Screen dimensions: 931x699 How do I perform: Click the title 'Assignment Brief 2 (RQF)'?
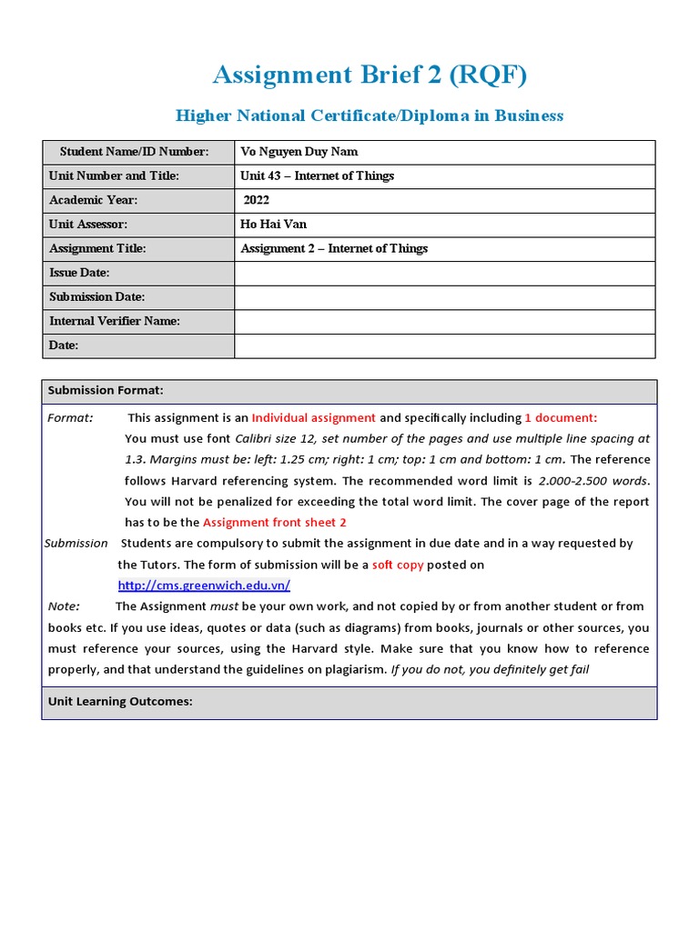click(370, 75)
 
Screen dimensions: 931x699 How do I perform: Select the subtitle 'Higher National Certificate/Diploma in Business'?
click(370, 115)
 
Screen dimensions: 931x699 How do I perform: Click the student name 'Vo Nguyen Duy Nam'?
click(293, 152)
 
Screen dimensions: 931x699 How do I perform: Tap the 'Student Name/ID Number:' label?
click(135, 152)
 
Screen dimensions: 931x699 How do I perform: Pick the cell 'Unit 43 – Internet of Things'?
click(317, 175)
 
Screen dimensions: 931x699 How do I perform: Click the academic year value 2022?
click(257, 200)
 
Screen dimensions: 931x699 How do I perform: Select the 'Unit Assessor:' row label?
click(88, 224)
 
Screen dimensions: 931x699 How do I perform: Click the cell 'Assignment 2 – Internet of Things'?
click(334, 248)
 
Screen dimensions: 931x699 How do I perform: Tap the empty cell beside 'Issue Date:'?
click(444, 273)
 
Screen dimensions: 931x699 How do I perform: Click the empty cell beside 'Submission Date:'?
click(444, 297)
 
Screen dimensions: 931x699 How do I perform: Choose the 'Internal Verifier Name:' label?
click(115, 321)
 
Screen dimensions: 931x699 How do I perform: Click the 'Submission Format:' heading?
click(106, 390)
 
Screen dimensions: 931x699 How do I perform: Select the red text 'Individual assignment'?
click(314, 417)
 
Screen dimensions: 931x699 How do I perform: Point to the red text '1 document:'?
click(561, 417)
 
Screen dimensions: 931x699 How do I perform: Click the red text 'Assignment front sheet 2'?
click(275, 522)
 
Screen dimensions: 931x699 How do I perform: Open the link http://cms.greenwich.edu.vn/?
click(204, 586)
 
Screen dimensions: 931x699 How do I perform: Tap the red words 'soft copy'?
click(398, 565)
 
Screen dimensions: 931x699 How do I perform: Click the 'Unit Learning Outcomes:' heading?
click(120, 702)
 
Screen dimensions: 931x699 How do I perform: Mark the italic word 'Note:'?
click(64, 606)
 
